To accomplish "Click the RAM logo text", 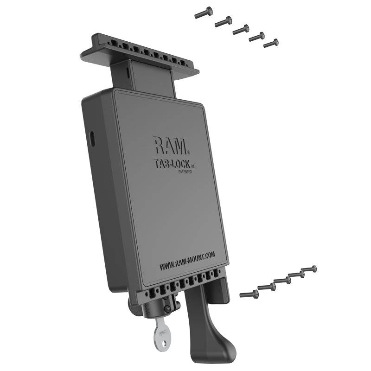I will tap(170, 147).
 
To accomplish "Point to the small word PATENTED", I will tap(185, 172).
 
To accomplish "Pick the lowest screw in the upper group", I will tap(271, 44).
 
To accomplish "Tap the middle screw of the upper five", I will tap(241, 30).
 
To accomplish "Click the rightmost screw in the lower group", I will tap(308, 269).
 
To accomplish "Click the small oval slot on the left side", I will tap(92, 138).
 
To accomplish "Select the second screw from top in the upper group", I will tap(223, 21).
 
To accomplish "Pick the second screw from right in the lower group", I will tap(296, 275).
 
